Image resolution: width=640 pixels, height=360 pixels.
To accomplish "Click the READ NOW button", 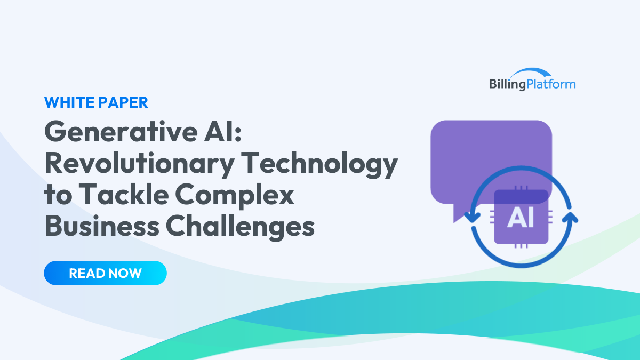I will (105, 273).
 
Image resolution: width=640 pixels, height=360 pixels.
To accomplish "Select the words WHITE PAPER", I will (96, 102).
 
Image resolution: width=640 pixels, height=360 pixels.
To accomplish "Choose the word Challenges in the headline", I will (239, 227).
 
